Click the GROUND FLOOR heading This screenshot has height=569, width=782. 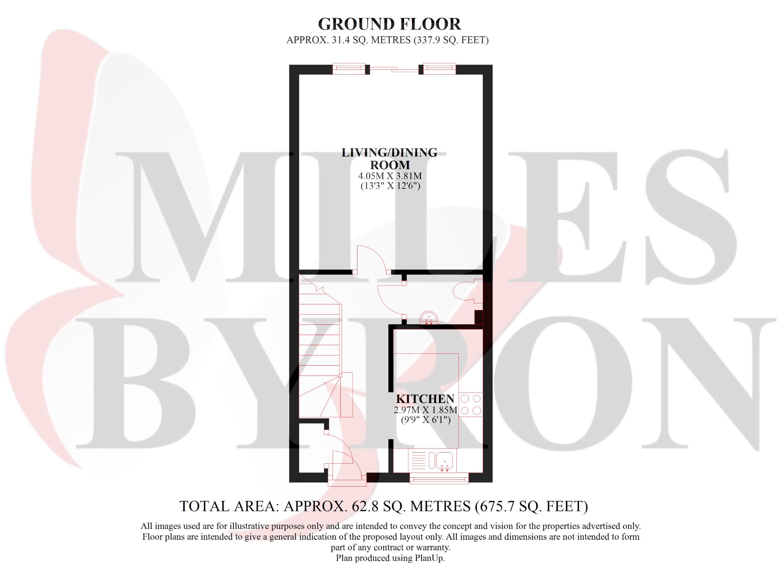(x=389, y=24)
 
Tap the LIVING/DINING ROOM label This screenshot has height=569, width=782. (x=390, y=158)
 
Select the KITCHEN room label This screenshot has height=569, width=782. (x=425, y=399)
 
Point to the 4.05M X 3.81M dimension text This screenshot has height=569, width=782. (x=390, y=176)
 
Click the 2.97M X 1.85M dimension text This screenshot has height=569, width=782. (x=426, y=410)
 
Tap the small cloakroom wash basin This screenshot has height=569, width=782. (x=429, y=318)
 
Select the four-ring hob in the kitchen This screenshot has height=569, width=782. (x=471, y=405)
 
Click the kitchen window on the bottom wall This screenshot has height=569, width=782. (x=439, y=478)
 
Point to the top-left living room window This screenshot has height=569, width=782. (x=349, y=69)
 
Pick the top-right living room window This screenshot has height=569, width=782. (x=439, y=69)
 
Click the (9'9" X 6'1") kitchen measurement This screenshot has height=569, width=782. (x=426, y=420)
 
